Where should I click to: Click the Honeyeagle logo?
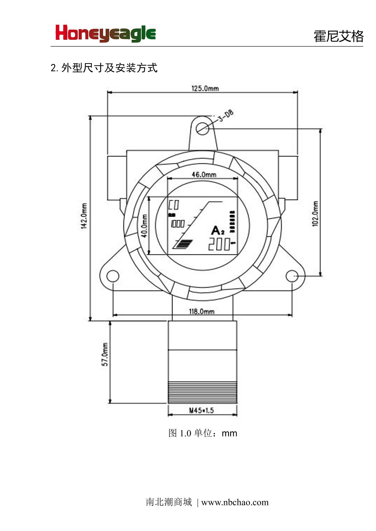point(106,33)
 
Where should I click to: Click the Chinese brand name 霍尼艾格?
point(338,36)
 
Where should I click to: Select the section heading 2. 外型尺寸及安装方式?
point(104,68)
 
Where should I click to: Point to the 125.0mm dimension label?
point(205,88)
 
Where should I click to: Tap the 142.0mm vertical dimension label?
point(84,216)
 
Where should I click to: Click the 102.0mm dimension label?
point(315,214)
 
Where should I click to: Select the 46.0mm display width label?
point(204,174)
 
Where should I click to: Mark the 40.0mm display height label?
point(144,226)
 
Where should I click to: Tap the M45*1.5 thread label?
point(201,410)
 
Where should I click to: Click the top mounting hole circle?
point(203,128)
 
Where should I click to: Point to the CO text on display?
point(174,205)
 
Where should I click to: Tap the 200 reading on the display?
point(219,245)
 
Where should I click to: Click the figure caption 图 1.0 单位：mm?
point(203,433)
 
